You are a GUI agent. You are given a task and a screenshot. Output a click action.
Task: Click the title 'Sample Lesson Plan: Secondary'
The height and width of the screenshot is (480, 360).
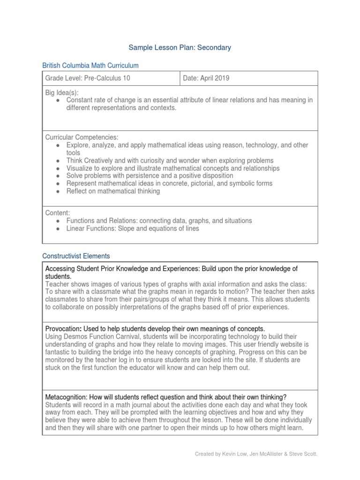tap(180, 47)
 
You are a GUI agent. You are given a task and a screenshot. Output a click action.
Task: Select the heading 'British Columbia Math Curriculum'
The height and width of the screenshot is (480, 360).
tap(90, 66)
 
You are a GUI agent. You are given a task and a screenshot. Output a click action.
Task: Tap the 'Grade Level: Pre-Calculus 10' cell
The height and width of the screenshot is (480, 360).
tap(88, 78)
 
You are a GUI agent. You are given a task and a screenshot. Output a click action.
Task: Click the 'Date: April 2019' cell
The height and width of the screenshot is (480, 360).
tap(206, 78)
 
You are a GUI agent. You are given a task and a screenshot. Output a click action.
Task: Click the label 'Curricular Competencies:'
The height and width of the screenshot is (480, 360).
tap(82, 137)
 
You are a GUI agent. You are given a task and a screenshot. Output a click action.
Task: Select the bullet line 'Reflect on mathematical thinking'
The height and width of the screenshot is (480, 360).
tap(113, 191)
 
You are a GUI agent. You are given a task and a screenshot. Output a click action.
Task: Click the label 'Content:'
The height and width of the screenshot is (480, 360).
tap(57, 213)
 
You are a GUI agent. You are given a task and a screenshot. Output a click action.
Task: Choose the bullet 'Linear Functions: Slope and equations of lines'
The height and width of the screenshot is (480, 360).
tap(133, 228)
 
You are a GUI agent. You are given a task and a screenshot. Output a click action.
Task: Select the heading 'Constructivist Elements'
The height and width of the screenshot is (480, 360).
tap(76, 256)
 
